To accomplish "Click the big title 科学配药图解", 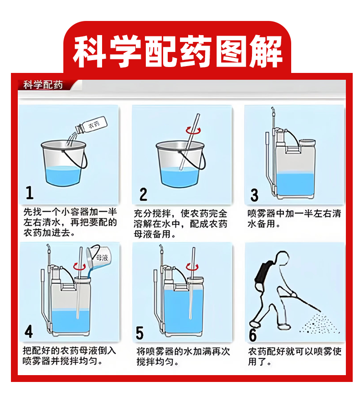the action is [x=177, y=52].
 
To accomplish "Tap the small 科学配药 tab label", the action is [x=43, y=85].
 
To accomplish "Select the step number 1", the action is [x=30, y=192].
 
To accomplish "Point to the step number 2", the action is [x=143, y=194].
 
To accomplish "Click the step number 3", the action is [x=254, y=195].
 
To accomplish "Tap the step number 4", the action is [x=29, y=331].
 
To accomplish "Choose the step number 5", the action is [x=139, y=333].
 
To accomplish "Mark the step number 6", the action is [x=252, y=335].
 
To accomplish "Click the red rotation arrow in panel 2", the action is [x=193, y=131].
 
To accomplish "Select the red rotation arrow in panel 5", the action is [x=192, y=267].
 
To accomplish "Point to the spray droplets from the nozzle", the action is [x=319, y=323].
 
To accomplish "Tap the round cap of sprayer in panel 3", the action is [x=307, y=142].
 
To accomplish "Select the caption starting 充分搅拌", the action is [x=180, y=224].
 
